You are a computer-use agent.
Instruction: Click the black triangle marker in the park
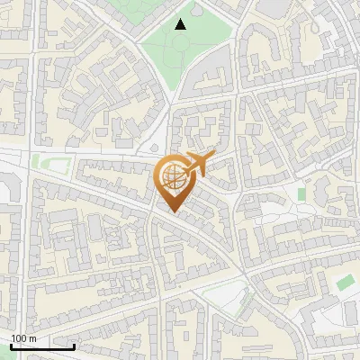[181, 24]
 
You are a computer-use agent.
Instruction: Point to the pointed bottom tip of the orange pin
[172, 211]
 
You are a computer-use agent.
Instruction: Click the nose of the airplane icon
[213, 156]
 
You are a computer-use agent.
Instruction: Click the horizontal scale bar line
[42, 346]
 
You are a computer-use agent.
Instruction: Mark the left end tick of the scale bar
[11, 345]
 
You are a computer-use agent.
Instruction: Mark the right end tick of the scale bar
[74, 345]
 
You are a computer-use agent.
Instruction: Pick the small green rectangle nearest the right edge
[344, 283]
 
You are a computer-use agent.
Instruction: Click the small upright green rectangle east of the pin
[302, 193]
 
